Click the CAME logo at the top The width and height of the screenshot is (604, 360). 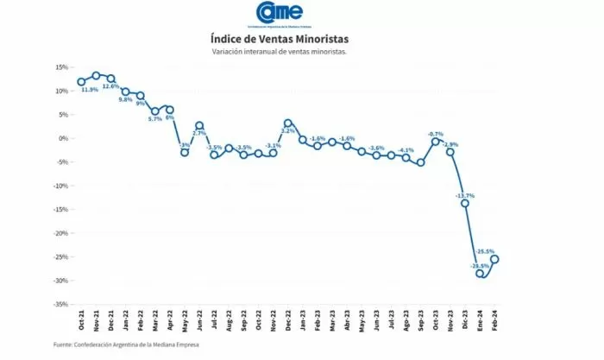(x=280, y=13)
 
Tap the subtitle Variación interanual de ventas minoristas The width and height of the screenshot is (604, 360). (x=280, y=52)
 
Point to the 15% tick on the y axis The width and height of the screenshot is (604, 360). (x=61, y=67)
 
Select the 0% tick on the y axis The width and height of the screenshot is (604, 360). (x=63, y=138)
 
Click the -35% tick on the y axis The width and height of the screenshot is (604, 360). (x=60, y=304)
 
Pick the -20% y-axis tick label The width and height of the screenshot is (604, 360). (x=60, y=233)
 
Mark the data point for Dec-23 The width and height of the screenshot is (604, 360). (x=465, y=203)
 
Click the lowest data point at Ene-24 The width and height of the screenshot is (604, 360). (x=480, y=274)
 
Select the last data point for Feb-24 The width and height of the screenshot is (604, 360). (x=495, y=259)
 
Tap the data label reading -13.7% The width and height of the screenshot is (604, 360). (x=464, y=196)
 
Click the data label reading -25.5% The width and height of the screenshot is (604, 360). (x=485, y=251)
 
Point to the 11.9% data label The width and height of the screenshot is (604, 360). (x=89, y=90)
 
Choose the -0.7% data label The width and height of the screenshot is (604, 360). (x=436, y=134)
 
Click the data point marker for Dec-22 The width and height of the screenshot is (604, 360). (x=288, y=123)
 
